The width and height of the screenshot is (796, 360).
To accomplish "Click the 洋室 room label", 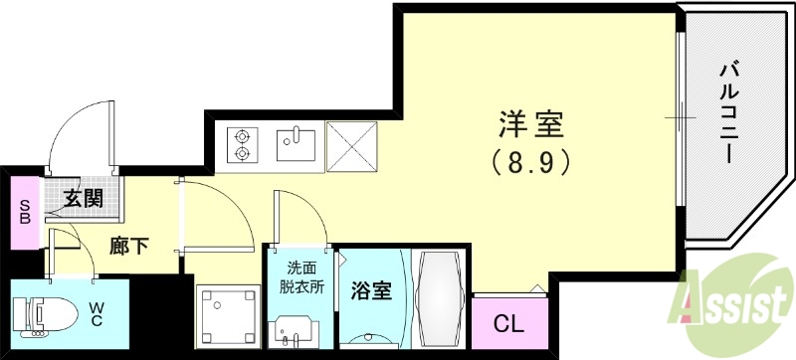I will (530, 126).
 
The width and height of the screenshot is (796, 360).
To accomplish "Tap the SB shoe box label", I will (24, 212).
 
